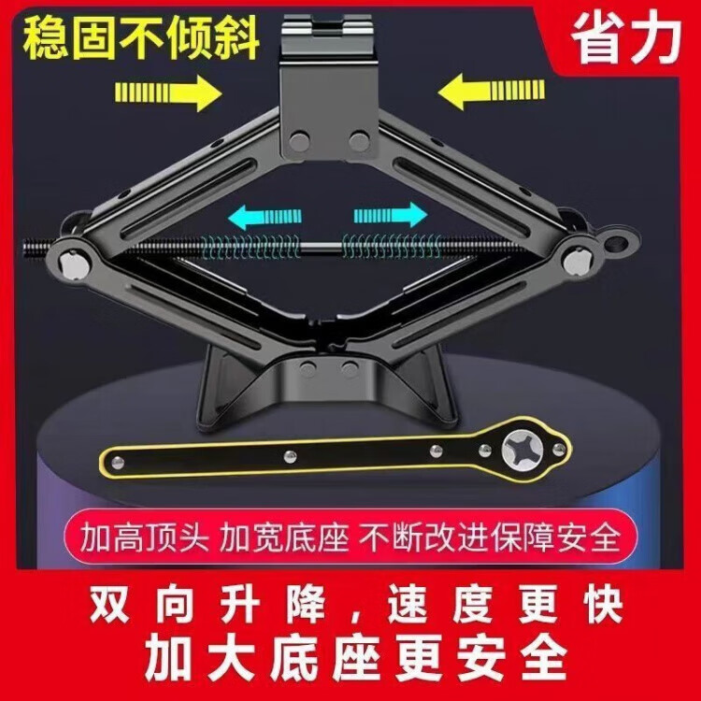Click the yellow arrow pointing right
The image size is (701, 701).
click(168, 93)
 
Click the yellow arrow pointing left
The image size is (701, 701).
click(492, 92)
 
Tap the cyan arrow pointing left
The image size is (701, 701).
click(265, 217)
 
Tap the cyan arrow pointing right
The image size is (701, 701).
click(391, 215)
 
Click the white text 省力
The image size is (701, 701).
click(626, 38)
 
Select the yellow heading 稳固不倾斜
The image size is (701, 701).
click(141, 38)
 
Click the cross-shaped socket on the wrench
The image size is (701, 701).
click(522, 449)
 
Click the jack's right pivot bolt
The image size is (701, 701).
click(577, 261)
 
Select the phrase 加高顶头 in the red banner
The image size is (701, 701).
click(144, 536)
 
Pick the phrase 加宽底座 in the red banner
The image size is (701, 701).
click(284, 536)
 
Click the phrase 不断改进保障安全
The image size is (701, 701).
click(491, 536)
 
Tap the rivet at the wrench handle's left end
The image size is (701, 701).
click(118, 463)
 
